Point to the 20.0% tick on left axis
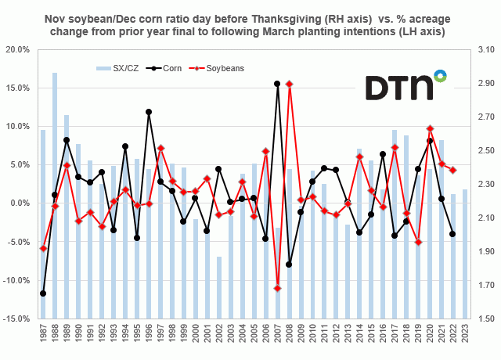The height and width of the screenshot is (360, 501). [17, 49]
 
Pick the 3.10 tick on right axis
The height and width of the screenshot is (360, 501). [482, 49]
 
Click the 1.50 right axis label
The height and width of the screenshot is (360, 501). [482, 319]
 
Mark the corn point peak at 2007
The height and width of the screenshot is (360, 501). [277, 84]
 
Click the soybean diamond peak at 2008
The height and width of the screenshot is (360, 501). [289, 84]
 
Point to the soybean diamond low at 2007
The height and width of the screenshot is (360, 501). [277, 288]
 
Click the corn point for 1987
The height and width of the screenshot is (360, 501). [43, 293]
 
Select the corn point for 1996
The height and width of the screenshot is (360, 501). [149, 112]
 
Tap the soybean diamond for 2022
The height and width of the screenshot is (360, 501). [452, 170]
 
